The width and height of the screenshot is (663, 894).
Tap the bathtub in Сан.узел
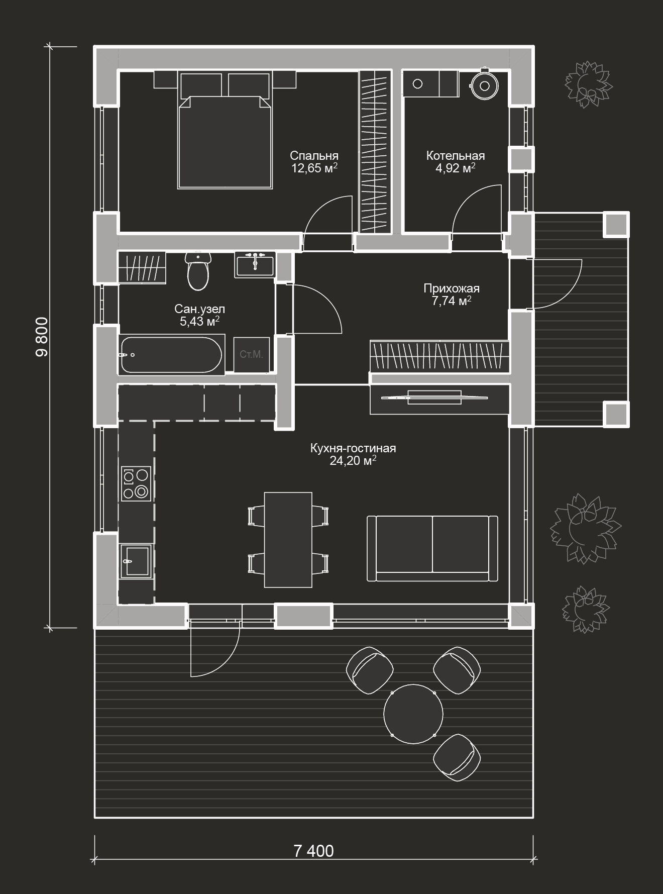(x=170, y=355)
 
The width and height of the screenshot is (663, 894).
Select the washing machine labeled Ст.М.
(x=251, y=354)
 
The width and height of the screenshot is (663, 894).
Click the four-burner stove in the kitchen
(x=136, y=484)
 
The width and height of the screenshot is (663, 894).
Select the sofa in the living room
(x=432, y=548)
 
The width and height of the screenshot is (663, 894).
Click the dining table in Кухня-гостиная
(x=288, y=540)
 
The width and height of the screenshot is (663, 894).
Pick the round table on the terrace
(x=413, y=714)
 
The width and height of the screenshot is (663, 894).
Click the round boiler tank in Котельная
(x=484, y=85)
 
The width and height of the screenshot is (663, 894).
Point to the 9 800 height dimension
(x=42, y=337)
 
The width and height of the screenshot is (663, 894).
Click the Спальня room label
(x=314, y=156)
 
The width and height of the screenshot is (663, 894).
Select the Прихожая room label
(x=452, y=288)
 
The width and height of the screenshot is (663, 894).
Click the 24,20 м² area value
(x=353, y=460)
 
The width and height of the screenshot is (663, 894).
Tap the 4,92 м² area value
(x=456, y=168)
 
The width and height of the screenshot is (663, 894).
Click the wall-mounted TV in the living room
(x=434, y=397)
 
